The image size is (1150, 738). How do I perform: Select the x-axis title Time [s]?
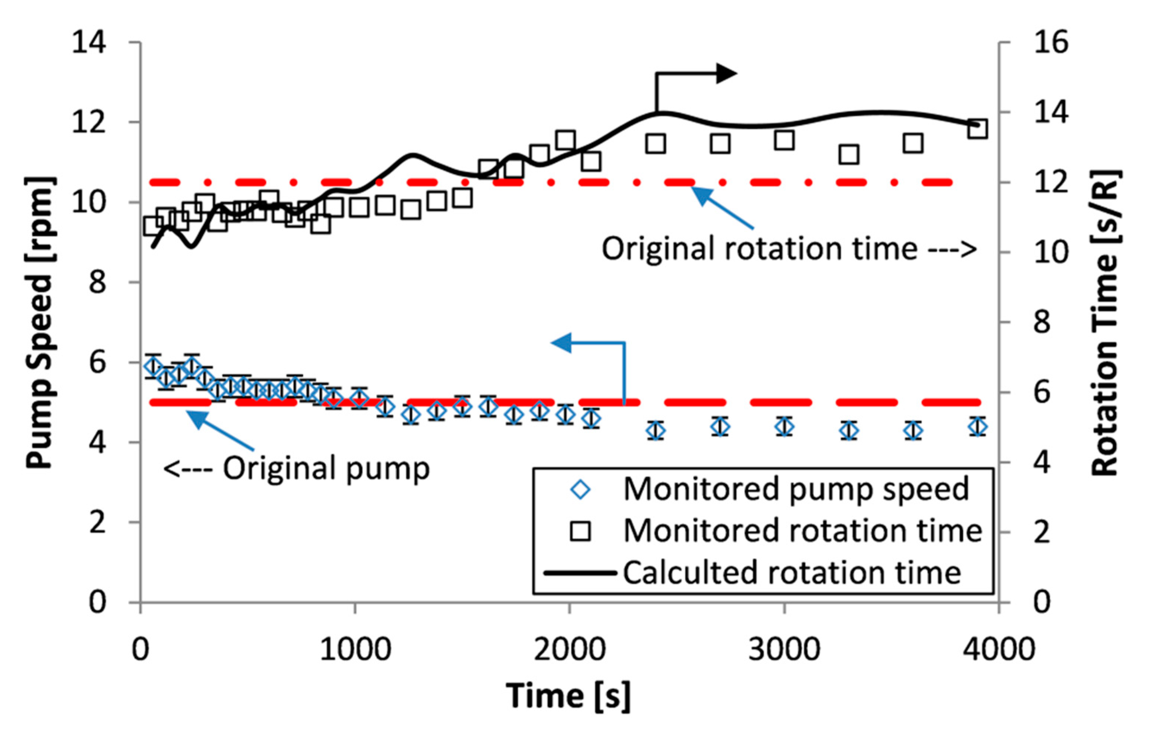568,695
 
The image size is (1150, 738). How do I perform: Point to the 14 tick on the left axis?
89,43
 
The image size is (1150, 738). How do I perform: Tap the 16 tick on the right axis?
1051,43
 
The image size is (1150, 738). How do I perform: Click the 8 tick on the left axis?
97,282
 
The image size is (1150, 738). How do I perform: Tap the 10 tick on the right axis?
1051,252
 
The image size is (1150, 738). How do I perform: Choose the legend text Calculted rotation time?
792,573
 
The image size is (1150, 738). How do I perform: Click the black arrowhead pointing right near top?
726,73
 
